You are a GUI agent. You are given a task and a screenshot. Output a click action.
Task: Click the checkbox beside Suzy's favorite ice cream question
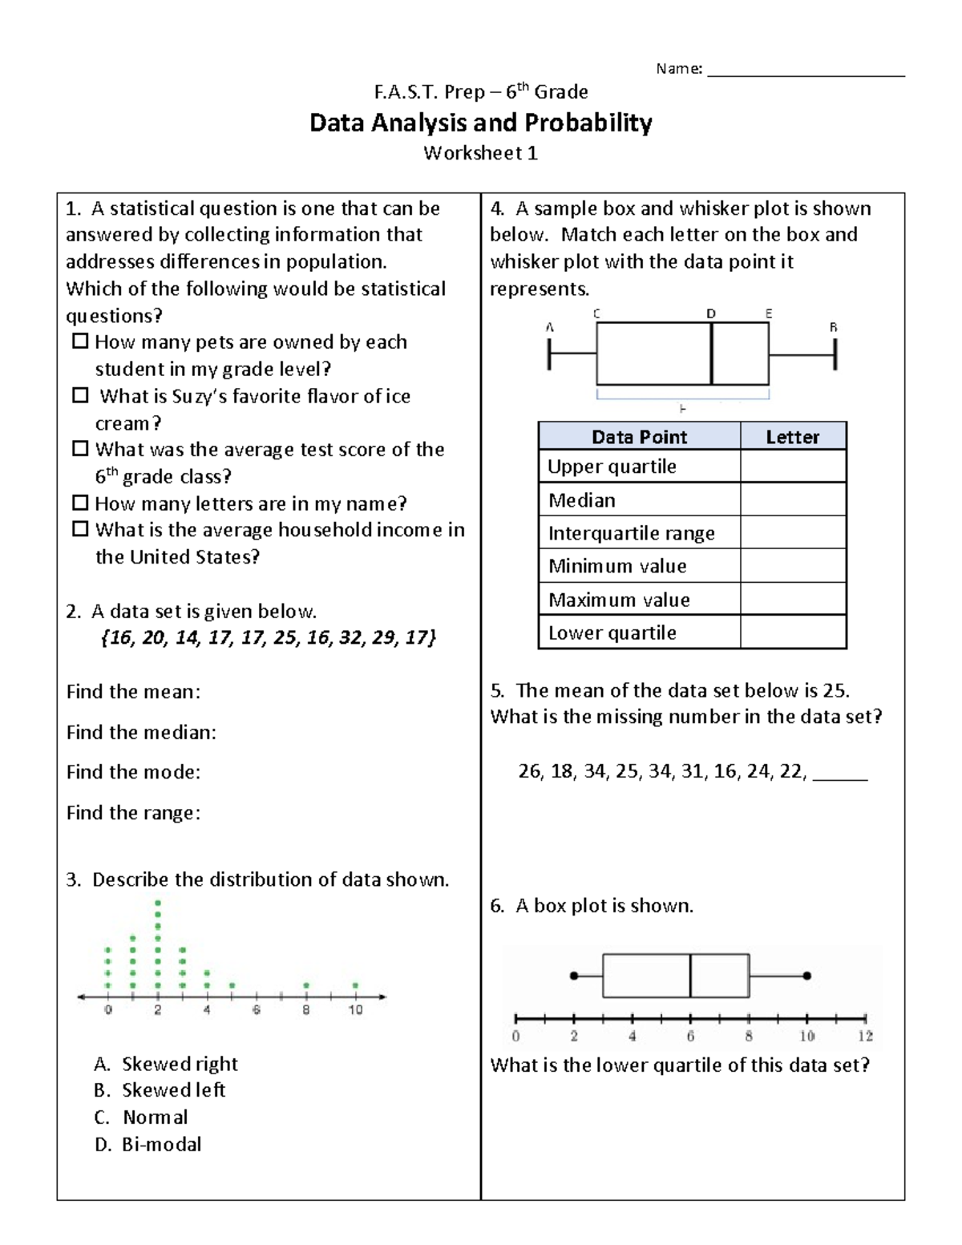[80, 395]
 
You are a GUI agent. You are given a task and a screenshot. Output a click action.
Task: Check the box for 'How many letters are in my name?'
[80, 503]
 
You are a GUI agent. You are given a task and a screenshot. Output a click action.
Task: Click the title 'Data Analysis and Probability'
[480, 123]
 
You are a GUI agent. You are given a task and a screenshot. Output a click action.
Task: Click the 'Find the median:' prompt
[141, 732]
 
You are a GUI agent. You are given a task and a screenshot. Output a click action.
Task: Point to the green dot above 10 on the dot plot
[355, 985]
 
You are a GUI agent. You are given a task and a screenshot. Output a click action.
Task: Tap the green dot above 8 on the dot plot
[306, 985]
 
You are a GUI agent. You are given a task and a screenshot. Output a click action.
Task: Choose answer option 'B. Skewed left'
[160, 1090]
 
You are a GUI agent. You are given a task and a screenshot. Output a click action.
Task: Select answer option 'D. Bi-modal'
[148, 1144]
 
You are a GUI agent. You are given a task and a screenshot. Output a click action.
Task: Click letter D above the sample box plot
[711, 313]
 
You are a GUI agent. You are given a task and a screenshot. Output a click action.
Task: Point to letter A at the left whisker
[549, 327]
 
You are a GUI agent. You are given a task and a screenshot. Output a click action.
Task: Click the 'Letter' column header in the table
[792, 437]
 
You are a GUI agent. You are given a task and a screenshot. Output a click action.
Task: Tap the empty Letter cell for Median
[792, 499]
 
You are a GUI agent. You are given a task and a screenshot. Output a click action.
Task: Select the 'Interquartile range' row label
[631, 533]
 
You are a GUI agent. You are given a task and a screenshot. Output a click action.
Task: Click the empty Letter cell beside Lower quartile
[792, 633]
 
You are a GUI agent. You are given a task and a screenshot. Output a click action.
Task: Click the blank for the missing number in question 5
[840, 773]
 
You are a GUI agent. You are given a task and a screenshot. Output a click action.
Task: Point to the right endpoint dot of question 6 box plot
[807, 976]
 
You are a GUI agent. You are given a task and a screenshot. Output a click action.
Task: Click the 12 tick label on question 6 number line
[865, 1036]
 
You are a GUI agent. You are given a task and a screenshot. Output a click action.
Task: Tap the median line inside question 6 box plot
[690, 976]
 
